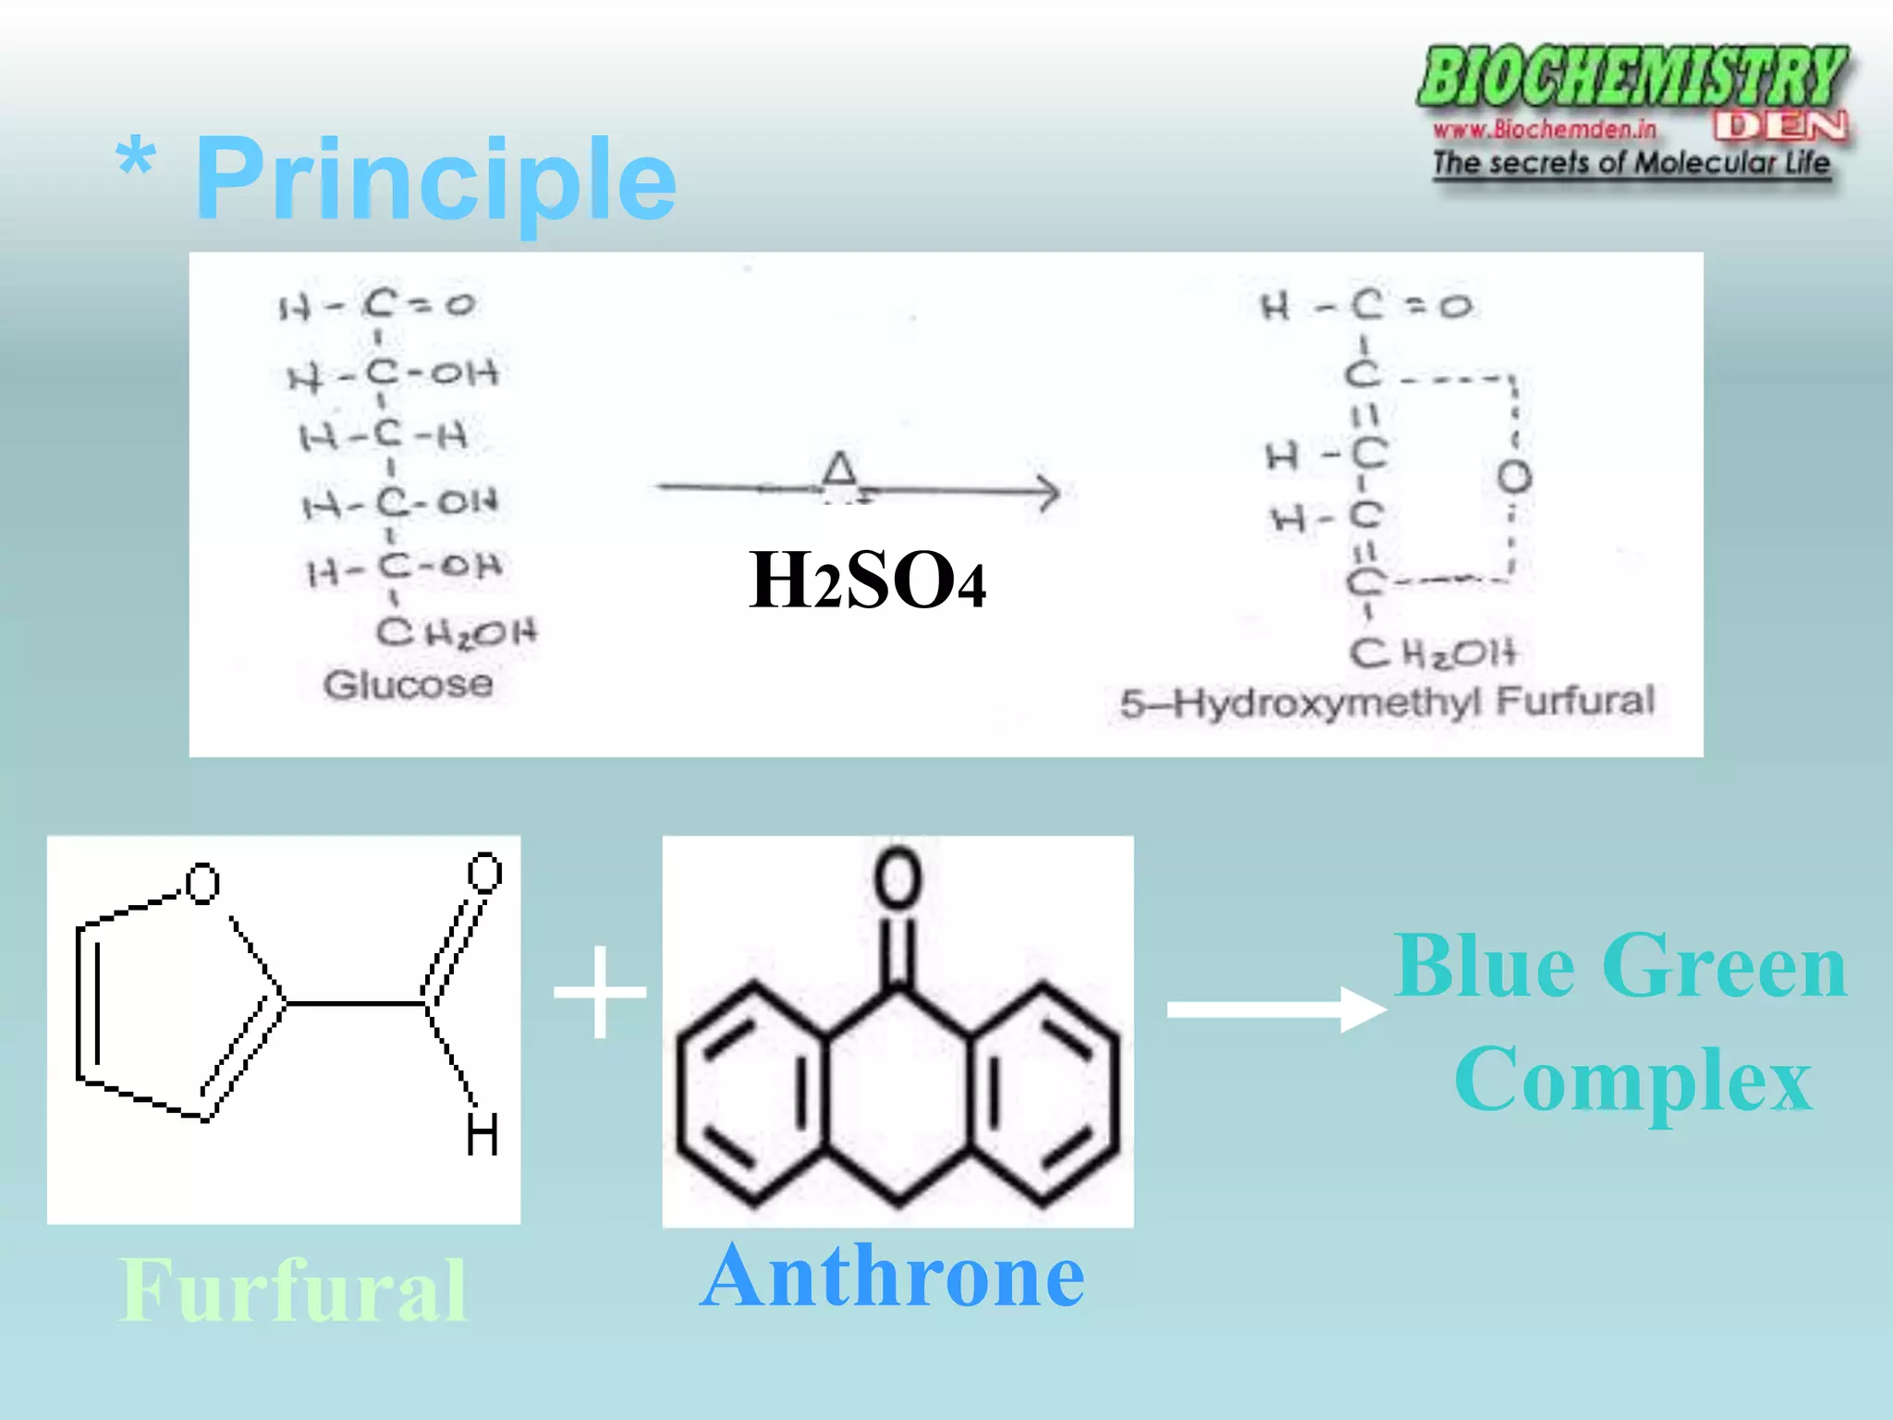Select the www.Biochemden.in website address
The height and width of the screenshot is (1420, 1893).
(1545, 129)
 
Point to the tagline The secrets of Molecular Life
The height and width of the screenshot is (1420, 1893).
(1630, 164)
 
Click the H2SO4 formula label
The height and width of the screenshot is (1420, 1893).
(866, 581)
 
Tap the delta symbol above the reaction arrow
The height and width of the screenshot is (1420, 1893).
(839, 470)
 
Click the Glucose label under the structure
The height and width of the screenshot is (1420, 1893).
(408, 685)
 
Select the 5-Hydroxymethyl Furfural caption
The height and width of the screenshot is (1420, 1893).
(1386, 702)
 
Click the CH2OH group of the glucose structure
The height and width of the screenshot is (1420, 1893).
(457, 632)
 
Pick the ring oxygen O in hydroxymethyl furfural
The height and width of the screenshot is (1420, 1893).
(1514, 477)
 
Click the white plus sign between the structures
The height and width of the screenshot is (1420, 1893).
(600, 992)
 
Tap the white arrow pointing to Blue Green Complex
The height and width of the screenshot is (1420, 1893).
(1276, 1009)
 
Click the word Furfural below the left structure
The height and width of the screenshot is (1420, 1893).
(293, 1291)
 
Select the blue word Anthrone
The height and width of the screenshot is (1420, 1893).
(892, 1276)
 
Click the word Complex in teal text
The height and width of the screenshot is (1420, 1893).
(1632, 1079)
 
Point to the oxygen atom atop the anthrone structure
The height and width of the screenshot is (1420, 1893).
(898, 877)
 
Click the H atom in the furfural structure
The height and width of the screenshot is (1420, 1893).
(482, 1134)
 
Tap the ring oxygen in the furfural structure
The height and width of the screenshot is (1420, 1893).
(202, 883)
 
